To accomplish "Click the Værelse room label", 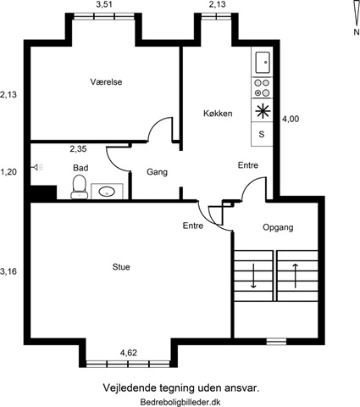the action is tap(106, 82).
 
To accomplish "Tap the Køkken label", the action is tap(218, 114).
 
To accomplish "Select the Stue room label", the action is tap(121, 267).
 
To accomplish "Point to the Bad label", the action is tap(80, 168).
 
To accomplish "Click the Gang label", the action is tap(157, 172).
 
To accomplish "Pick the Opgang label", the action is tap(278, 227).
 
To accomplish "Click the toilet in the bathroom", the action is tap(80, 187).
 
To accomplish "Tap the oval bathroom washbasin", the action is tap(107, 192).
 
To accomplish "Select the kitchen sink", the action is tap(263, 62).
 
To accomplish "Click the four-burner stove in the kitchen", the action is tap(262, 88).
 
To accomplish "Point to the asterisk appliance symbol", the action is tap(263, 110).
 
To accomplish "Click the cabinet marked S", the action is tap(262, 134).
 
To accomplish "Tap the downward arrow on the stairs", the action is tap(253, 276).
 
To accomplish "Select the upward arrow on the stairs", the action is tap(296, 276).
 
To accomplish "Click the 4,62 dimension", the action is tap(129, 353).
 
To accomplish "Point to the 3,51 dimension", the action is tap(104, 4).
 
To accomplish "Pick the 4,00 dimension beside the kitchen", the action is tap(291, 119).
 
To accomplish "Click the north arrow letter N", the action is tap(357, 32).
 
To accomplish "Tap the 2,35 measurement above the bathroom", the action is tap(78, 149).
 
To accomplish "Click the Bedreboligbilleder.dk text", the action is tap(180, 402).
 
